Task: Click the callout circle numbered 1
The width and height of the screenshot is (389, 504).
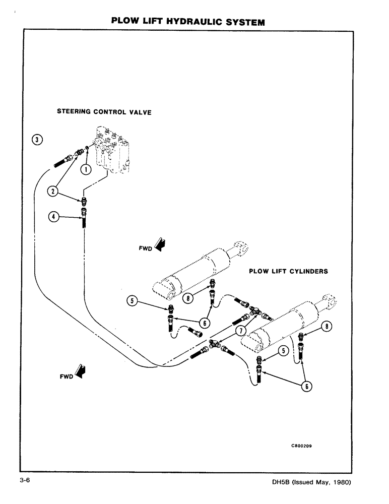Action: coord(86,169)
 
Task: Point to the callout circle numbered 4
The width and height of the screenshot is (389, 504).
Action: coord(52,217)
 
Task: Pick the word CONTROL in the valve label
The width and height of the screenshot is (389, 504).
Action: coord(110,112)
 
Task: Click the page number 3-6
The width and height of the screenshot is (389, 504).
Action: coord(25,481)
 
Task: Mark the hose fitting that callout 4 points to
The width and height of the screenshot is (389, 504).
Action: coord(84,220)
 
